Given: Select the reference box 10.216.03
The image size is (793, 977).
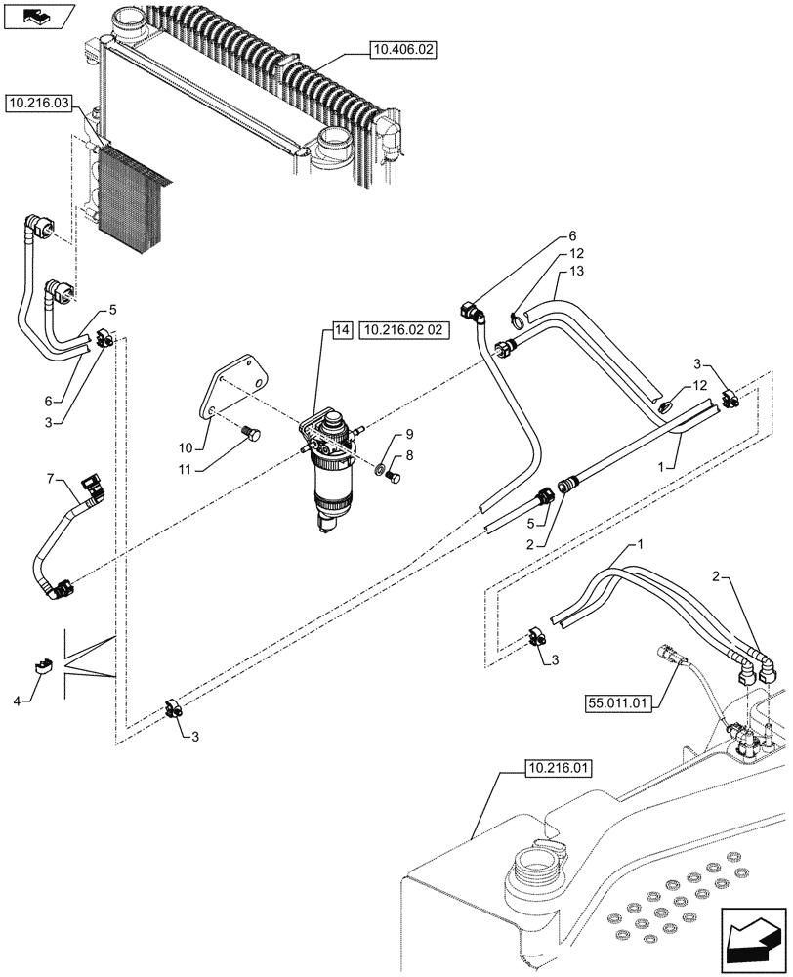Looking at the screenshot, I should [x=38, y=102].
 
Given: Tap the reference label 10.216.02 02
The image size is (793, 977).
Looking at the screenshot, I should [x=403, y=330].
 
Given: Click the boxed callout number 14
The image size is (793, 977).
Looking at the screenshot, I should [x=341, y=330].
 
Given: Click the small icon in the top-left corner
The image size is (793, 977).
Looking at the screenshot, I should [x=38, y=16].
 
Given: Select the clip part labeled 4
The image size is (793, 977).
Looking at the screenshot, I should [x=42, y=666].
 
